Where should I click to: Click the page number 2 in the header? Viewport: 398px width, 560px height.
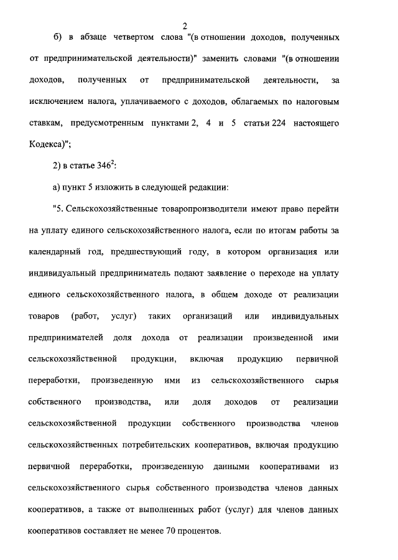coord(185,26)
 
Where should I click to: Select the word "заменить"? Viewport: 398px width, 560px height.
coord(236,59)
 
